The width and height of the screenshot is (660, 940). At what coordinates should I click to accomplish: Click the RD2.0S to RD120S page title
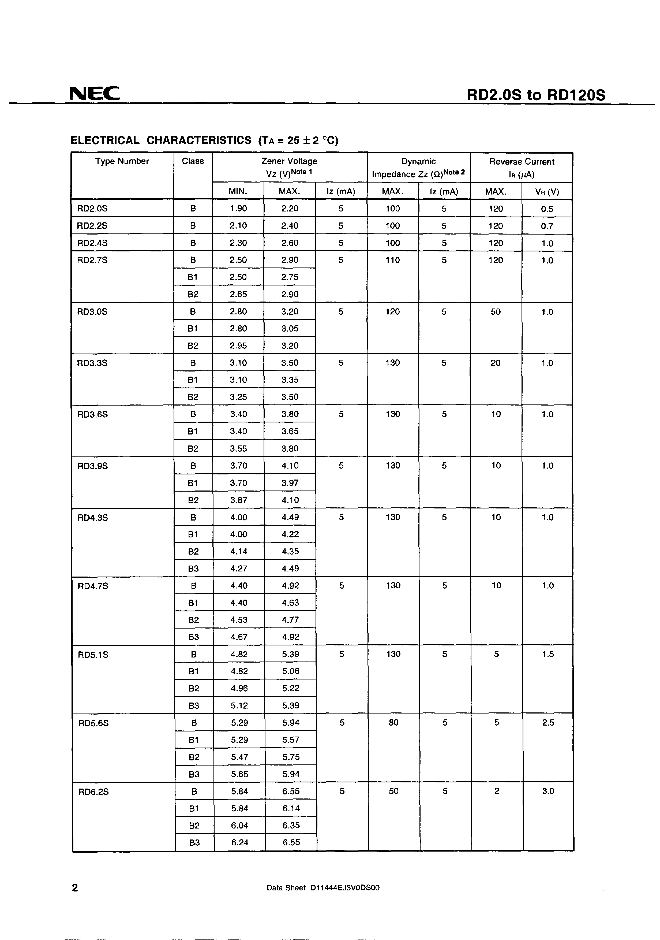tap(536, 95)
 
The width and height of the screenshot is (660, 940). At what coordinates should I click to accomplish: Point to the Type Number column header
tap(122, 161)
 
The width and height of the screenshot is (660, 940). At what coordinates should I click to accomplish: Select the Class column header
tap(193, 161)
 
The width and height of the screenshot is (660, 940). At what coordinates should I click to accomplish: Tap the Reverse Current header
tap(521, 162)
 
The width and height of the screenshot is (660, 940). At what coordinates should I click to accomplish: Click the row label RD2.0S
tap(92, 208)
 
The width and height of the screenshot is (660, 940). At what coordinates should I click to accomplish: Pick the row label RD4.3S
tap(93, 518)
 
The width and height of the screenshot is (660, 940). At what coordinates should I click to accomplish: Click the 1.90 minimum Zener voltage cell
tap(239, 208)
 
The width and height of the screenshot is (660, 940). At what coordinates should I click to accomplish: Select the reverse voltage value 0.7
tap(547, 226)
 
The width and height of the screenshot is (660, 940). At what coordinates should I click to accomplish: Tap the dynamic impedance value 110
tap(392, 260)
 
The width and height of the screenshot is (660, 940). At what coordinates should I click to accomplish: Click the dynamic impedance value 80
tap(393, 723)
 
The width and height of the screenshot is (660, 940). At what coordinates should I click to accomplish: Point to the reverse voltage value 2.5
tap(548, 723)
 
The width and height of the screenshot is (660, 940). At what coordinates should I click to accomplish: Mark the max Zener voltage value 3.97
tap(290, 483)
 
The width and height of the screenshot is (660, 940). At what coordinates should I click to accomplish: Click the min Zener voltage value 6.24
tap(239, 842)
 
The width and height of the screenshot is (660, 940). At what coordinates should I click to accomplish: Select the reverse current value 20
tap(496, 363)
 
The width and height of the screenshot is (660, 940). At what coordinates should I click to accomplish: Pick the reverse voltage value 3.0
tap(548, 791)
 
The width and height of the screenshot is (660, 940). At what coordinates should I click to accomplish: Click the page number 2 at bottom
tap(75, 887)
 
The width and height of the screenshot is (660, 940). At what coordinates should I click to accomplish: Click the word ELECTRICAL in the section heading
tap(105, 140)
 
